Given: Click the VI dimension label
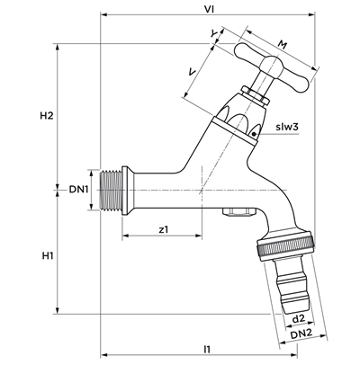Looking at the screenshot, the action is pyautogui.click(x=209, y=9).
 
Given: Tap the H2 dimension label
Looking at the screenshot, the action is pyautogui.click(x=47, y=116).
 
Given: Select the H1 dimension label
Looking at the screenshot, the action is pyautogui.click(x=48, y=255).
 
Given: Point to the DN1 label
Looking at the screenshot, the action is pyautogui.click(x=78, y=190).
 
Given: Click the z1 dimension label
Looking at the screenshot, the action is pyautogui.click(x=164, y=229).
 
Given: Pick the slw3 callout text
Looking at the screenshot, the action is pyautogui.click(x=287, y=127).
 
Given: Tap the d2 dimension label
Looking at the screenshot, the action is pyautogui.click(x=298, y=318).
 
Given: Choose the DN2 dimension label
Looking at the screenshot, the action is pyautogui.click(x=301, y=334).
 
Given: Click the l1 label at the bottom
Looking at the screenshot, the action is pyautogui.click(x=207, y=349).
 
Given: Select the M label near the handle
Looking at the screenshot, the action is pyautogui.click(x=282, y=45).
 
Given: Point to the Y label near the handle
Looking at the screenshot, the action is pyautogui.click(x=213, y=34).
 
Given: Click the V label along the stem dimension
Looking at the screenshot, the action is pyautogui.click(x=192, y=72).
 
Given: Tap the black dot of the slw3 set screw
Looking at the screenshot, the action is pyautogui.click(x=254, y=134).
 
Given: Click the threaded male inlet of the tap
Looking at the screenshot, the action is pyautogui.click(x=110, y=190).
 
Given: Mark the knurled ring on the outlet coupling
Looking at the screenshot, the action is pyautogui.click(x=285, y=247).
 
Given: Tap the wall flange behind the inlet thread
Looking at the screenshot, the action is pyautogui.click(x=125, y=191).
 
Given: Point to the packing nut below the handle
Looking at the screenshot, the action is pyautogui.click(x=256, y=94).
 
